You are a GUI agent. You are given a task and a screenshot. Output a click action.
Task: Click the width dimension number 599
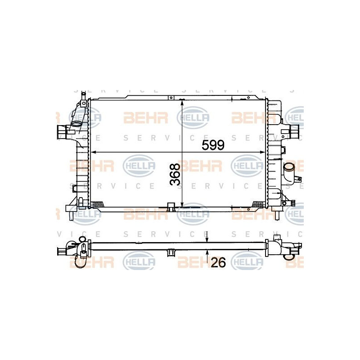(x=213, y=145)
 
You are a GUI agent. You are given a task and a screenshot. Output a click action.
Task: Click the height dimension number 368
(x=175, y=174)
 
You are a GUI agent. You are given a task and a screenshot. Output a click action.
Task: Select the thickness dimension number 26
(x=218, y=262)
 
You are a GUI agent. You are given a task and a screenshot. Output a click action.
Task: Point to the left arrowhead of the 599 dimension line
(x=94, y=152)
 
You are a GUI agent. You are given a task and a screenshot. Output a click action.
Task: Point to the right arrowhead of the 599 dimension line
(x=262, y=152)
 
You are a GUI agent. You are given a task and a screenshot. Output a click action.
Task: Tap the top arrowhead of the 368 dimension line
(x=182, y=103)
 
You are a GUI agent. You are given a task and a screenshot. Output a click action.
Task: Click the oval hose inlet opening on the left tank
(x=76, y=124)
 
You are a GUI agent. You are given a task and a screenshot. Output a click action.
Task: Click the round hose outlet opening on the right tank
(x=289, y=166)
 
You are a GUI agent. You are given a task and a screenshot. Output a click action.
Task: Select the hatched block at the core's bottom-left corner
(x=97, y=204)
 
